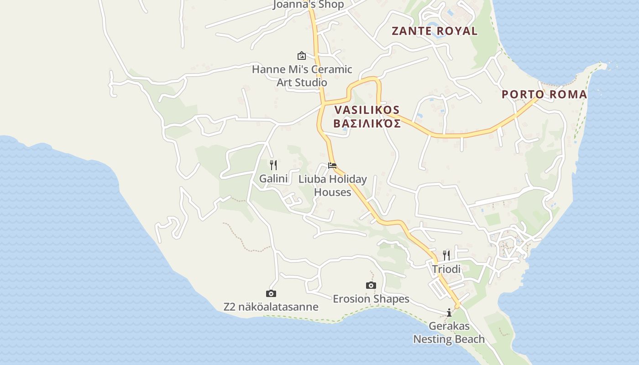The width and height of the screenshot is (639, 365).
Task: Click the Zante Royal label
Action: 435,31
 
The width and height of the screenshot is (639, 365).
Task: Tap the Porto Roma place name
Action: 544,94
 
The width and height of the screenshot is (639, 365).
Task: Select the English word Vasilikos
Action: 367,110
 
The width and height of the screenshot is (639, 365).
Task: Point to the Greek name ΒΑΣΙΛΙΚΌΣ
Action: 367,124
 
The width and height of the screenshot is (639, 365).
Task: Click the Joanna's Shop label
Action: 309,5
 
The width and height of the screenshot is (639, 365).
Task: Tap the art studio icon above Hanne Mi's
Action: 302,56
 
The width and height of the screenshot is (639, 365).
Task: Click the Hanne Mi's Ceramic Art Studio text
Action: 302,76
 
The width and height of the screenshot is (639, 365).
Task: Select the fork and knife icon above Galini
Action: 273,165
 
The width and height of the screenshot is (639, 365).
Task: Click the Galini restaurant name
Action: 273,178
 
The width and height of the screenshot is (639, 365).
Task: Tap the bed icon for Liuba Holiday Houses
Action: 332,165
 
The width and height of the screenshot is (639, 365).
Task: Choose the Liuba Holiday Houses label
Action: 333,185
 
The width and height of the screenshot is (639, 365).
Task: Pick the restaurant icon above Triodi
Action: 446,255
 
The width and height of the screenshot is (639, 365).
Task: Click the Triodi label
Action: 446,269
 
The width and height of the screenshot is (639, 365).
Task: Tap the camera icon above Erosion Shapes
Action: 371,285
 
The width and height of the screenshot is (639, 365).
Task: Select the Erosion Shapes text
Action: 371,299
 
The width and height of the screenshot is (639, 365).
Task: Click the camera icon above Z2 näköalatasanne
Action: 271,293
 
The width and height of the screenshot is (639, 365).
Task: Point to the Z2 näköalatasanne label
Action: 271,307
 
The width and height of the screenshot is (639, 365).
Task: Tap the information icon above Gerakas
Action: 449,313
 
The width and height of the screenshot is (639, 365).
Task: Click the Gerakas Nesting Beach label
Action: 449,333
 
